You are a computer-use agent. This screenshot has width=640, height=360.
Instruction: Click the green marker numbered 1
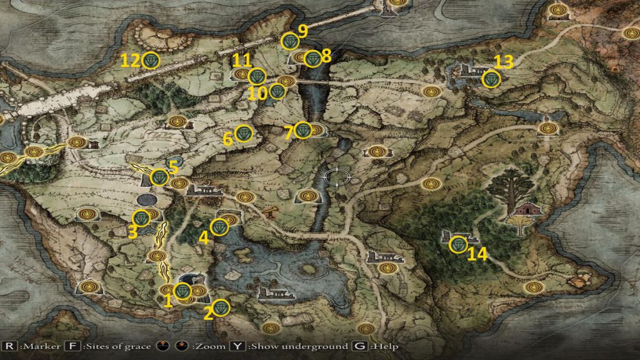point(182,291)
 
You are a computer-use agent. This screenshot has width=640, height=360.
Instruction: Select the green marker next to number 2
point(221,308)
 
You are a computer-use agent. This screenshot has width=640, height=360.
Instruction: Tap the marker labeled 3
point(142,218)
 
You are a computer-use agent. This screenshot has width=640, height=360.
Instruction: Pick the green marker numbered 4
point(219,227)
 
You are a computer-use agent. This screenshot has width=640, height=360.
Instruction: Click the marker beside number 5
point(160,177)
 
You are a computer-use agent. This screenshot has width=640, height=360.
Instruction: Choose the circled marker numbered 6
point(244,133)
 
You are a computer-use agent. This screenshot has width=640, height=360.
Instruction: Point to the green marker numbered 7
point(303,130)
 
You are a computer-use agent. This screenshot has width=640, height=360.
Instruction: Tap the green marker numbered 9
point(290,41)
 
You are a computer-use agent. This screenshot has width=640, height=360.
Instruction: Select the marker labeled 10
point(277,92)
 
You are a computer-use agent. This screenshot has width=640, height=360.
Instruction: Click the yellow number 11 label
point(242,61)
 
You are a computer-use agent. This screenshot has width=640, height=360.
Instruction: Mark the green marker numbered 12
point(151,60)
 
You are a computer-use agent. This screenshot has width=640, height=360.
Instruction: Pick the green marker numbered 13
point(491,79)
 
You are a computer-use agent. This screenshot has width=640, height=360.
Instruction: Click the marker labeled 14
point(459,244)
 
